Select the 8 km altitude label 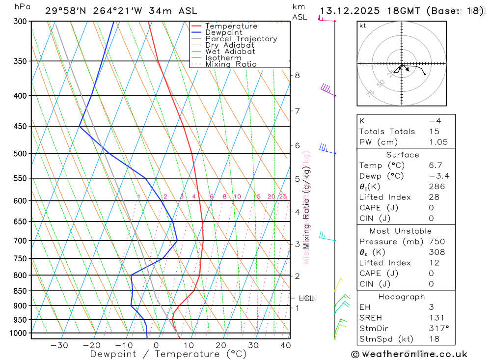(x=297, y=75)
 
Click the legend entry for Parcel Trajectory (x=241, y=39)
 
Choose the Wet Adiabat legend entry (x=230, y=52)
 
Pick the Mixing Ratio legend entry (x=231, y=64)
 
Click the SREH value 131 (x=435, y=318)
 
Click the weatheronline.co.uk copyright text (x=409, y=354)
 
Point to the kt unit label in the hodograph (x=363, y=26)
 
